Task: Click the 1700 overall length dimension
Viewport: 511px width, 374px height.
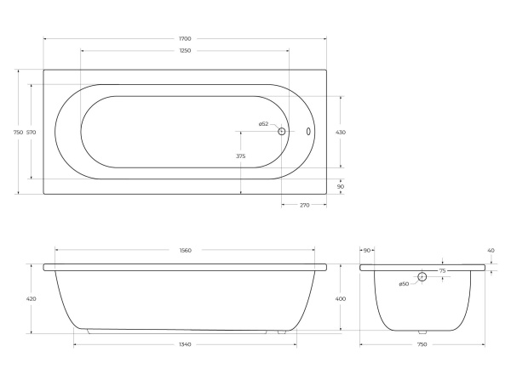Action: [x=185, y=39]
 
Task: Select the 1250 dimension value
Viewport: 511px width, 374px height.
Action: [x=185, y=50]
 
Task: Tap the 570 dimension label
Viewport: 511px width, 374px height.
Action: [x=31, y=133]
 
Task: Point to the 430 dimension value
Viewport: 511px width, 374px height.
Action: [x=341, y=133]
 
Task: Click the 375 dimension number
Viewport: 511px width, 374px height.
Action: [x=240, y=156]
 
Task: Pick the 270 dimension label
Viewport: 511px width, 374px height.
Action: [x=304, y=205]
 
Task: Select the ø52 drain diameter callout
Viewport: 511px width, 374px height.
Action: [x=263, y=123]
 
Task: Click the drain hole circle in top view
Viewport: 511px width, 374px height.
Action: [x=282, y=131]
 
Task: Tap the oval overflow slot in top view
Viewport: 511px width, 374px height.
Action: [x=308, y=131]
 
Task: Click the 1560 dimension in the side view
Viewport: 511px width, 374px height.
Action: [x=185, y=251]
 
